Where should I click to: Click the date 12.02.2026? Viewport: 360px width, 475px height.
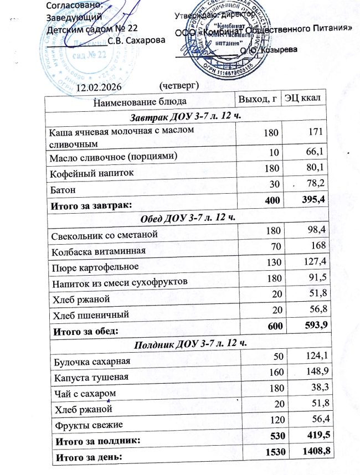coord(98,87)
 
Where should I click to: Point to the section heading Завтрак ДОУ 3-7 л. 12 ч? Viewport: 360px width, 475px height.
coord(186,117)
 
